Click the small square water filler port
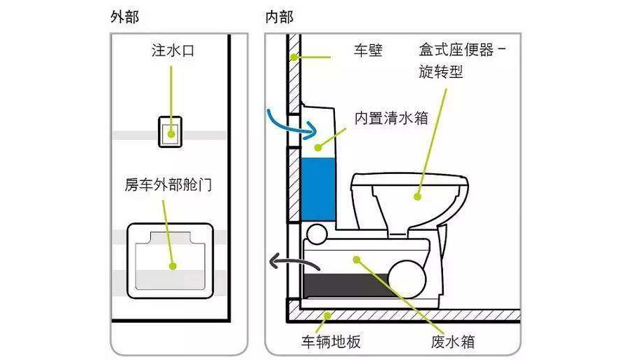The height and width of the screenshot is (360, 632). (169, 131)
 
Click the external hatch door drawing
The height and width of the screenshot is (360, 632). (169, 260)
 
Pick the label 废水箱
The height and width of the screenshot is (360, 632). (452, 342)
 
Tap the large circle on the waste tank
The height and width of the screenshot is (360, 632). (409, 276)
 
